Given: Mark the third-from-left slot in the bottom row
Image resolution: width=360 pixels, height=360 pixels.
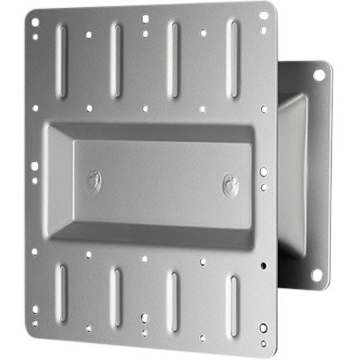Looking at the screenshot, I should tap(172, 295).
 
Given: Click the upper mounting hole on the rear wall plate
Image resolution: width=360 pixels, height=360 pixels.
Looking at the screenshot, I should tap(319, 76).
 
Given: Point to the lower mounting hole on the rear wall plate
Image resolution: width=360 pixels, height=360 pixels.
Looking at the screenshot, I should tap(317, 274).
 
